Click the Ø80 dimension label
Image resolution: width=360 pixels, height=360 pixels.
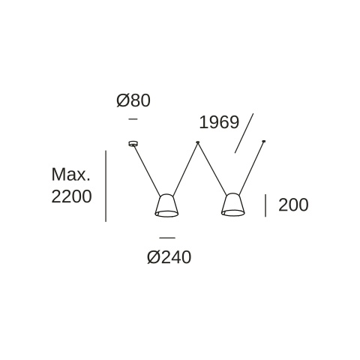[133, 100]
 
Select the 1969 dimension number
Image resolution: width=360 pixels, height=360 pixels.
[219, 122]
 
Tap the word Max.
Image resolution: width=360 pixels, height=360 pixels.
[70, 175]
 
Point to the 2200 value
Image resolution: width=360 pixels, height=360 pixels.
[71, 196]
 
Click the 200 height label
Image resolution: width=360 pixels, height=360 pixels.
[293, 205]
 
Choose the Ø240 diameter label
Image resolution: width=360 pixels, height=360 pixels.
[169, 257]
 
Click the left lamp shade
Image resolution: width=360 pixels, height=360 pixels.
[166, 205]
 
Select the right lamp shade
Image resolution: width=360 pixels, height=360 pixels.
[232, 205]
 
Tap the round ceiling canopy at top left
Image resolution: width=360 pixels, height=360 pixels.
[133, 143]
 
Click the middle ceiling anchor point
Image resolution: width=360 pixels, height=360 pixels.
[198, 142]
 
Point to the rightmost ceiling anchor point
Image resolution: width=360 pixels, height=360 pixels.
[263, 142]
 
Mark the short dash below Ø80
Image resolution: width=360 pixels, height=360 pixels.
[133, 119]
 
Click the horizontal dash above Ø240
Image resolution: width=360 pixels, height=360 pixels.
[167, 238]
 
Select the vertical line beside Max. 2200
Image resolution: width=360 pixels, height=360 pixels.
[106, 186]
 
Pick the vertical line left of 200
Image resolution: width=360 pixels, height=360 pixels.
[265, 205]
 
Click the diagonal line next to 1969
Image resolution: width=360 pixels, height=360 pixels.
[244, 133]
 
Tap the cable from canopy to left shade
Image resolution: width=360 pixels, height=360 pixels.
[147, 170]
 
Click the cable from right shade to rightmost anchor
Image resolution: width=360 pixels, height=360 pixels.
[251, 168]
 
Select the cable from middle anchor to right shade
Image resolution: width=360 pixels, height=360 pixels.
[212, 169]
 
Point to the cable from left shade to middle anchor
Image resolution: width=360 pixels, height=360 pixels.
[185, 169]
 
